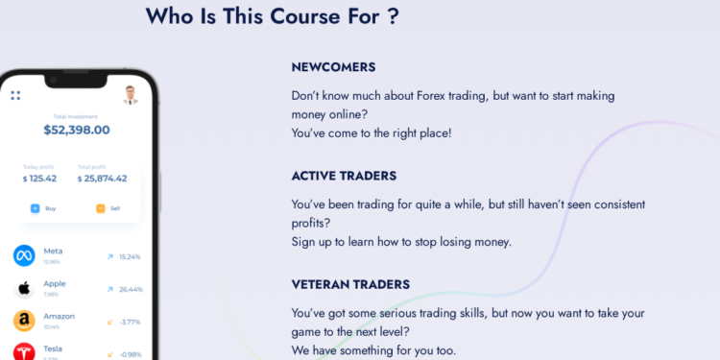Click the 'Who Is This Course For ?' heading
(x=273, y=17)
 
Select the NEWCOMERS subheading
(x=333, y=67)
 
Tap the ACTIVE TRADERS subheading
(x=344, y=177)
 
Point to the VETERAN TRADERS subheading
(x=350, y=285)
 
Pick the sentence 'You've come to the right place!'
(x=371, y=132)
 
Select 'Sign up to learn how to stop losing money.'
(x=401, y=242)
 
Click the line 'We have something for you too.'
(x=373, y=350)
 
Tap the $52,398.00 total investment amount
(x=77, y=130)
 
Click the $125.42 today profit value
(x=39, y=179)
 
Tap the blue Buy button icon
(x=36, y=207)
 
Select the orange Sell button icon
(x=101, y=207)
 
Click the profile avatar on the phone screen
(x=132, y=94)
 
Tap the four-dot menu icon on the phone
(x=15, y=95)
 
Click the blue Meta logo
(x=24, y=255)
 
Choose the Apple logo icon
(x=24, y=288)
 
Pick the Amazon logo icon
(x=24, y=321)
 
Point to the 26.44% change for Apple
(x=131, y=289)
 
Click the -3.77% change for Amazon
(x=131, y=322)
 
